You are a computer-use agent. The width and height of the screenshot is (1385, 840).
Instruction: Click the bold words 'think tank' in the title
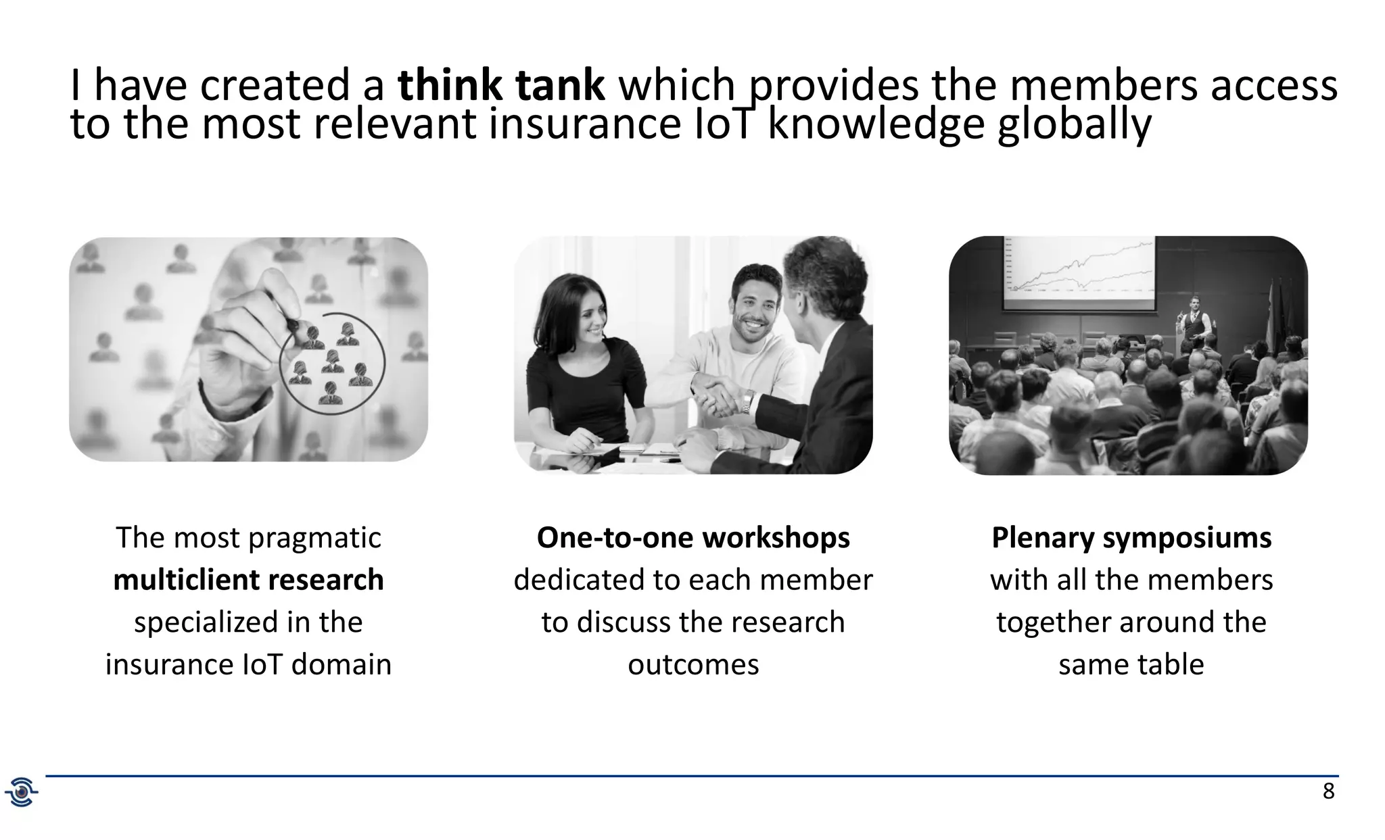pos(500,87)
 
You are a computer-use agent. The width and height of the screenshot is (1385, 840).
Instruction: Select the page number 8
pos(1328,791)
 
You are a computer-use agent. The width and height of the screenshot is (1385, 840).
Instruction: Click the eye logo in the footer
pos(22,792)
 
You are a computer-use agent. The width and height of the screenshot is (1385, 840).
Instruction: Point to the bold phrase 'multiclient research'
pos(248,580)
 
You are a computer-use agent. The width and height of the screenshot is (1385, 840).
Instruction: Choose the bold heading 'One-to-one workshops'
pos(693,538)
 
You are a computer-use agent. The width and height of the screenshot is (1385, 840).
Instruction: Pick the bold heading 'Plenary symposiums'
pos(1131,538)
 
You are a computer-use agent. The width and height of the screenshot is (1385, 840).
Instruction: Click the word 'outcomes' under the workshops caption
pos(693,664)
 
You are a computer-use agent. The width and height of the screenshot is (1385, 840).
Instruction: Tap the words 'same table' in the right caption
pos(1131,664)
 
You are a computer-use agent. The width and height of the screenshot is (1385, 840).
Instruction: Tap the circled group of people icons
pos(333,363)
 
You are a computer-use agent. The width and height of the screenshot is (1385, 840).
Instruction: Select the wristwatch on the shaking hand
pos(747,403)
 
